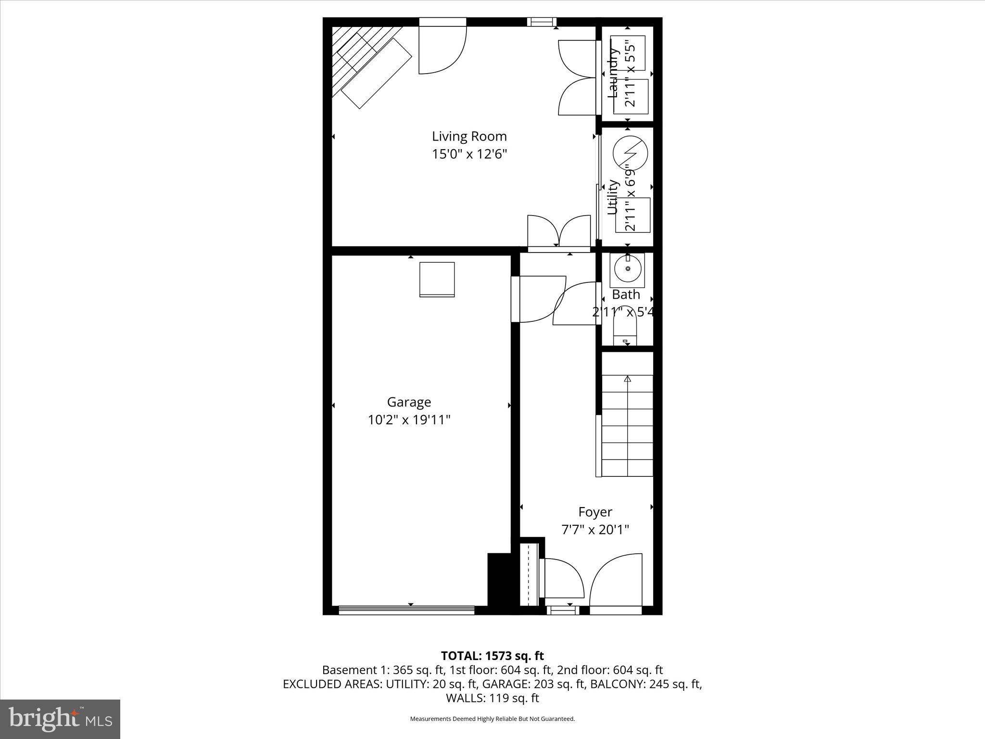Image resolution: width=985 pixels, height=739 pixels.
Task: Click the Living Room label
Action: pyautogui.click(x=469, y=137)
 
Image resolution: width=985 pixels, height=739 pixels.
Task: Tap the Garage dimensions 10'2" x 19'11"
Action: pyautogui.click(x=409, y=420)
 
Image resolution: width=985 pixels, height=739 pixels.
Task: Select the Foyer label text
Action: pyautogui.click(x=595, y=512)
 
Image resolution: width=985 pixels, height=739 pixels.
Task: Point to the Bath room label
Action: pyautogui.click(x=626, y=294)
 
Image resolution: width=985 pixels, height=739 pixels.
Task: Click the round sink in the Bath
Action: pyautogui.click(x=628, y=268)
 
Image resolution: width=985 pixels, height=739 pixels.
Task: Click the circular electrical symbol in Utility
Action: pyautogui.click(x=630, y=153)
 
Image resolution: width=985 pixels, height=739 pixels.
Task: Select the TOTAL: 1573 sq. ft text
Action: pyautogui.click(x=492, y=656)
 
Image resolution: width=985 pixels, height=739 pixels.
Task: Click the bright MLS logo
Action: pyautogui.click(x=60, y=719)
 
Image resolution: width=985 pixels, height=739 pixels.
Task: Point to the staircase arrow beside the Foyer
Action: pyautogui.click(x=627, y=380)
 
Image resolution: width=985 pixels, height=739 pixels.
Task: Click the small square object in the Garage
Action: pyautogui.click(x=437, y=279)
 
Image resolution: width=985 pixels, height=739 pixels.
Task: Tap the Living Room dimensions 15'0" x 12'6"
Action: pyautogui.click(x=469, y=154)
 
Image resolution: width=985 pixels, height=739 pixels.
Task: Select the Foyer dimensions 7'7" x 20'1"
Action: pyautogui.click(x=595, y=530)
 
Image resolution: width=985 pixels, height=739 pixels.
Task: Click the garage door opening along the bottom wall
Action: pyautogui.click(x=406, y=611)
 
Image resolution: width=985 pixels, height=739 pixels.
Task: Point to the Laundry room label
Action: pyautogui.click(x=613, y=72)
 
